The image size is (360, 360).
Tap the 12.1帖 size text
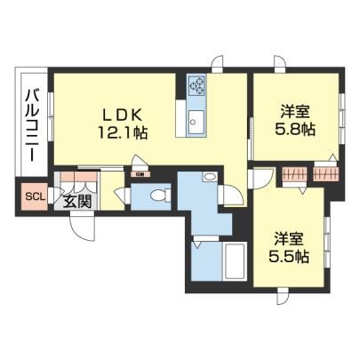123,132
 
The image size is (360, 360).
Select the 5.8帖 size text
295,129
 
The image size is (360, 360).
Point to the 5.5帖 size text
289,256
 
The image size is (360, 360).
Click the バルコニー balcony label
33,125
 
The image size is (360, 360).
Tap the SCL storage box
35,196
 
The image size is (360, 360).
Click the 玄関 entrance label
77,202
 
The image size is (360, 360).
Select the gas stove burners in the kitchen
196,84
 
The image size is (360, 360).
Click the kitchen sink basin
196,122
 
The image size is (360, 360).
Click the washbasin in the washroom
210,177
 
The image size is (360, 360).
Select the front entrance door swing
83,228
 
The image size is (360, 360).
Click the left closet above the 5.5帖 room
294,174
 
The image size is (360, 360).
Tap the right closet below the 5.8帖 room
325,174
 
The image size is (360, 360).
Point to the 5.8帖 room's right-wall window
342,119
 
